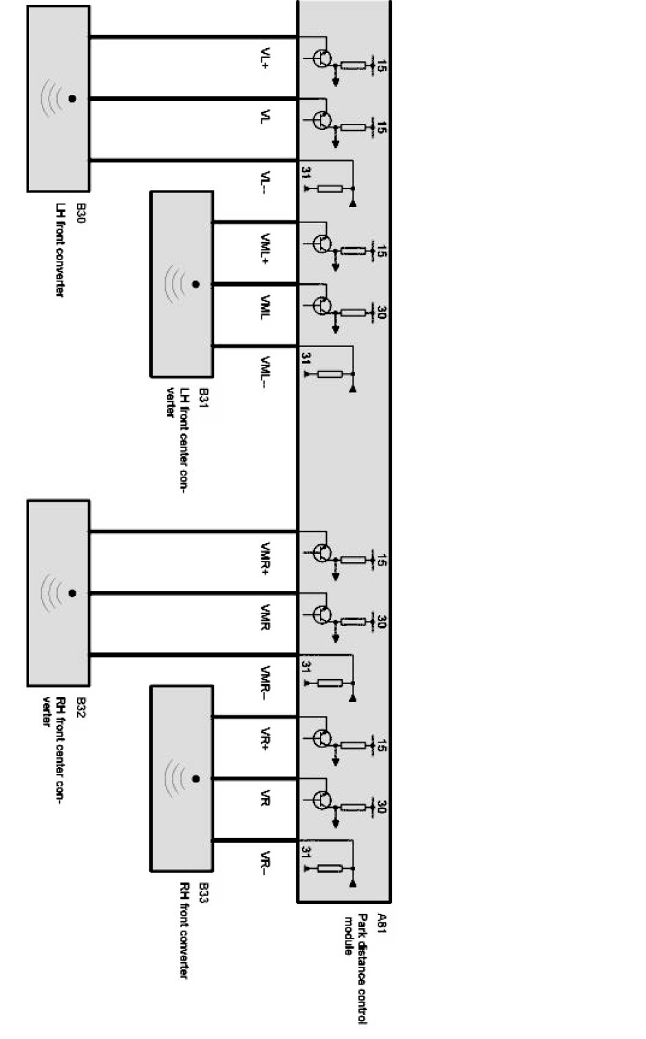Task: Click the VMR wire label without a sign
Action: pos(266,617)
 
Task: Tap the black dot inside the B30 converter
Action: pos(72,99)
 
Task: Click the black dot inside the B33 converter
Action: pos(196,779)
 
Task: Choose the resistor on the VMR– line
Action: pos(330,683)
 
